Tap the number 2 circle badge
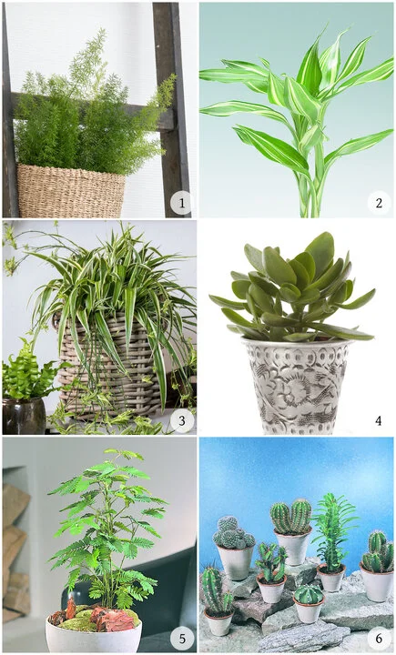[x=379, y=203]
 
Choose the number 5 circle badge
[x=182, y=639]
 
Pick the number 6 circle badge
[x=379, y=639]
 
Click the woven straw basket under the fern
[x=71, y=190]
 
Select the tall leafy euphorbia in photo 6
[x=332, y=532]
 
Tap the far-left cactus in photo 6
[x=215, y=591]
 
